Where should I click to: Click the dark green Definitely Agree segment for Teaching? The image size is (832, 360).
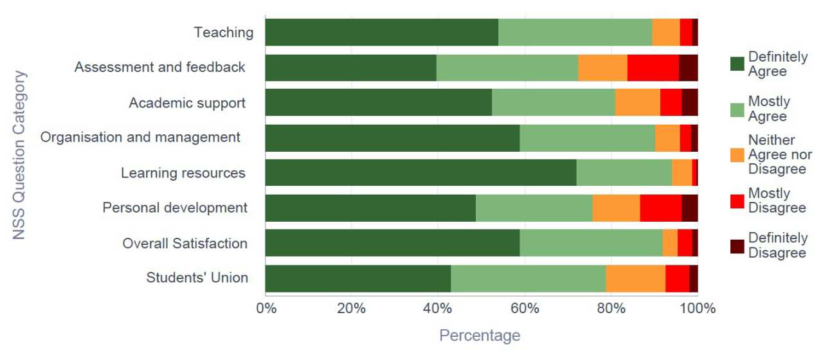click(x=381, y=32)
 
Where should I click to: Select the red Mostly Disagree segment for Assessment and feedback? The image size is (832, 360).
click(x=653, y=67)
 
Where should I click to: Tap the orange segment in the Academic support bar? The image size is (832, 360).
click(x=637, y=102)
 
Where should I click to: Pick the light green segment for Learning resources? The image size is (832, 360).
click(x=624, y=172)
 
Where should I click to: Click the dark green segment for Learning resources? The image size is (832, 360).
click(x=421, y=172)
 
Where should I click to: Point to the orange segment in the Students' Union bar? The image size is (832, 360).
click(x=635, y=278)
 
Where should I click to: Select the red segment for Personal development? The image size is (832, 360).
click(x=660, y=208)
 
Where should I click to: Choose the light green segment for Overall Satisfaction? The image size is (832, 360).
click(x=591, y=243)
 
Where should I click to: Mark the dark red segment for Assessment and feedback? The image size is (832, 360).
click(x=688, y=67)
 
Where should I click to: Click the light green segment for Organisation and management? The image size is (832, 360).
click(x=587, y=138)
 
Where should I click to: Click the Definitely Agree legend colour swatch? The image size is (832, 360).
click(x=737, y=64)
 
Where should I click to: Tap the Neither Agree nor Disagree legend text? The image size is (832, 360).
click(x=780, y=154)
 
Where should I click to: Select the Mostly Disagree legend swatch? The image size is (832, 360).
click(x=737, y=201)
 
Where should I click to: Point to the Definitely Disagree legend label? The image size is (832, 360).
click(x=777, y=245)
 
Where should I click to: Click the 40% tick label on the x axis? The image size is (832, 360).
click(x=437, y=309)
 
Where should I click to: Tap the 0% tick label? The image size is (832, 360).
click(x=266, y=309)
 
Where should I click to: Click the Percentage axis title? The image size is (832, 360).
click(x=479, y=336)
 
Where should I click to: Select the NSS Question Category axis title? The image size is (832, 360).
click(x=19, y=155)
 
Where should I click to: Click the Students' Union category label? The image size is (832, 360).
click(x=197, y=278)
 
